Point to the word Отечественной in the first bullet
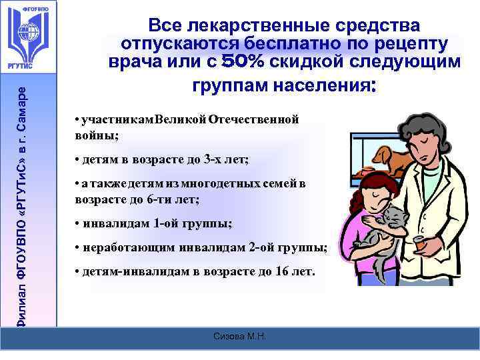coord(254,119)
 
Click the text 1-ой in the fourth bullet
coord(166,223)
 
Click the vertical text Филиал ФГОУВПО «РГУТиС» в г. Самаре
coord(22,200)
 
